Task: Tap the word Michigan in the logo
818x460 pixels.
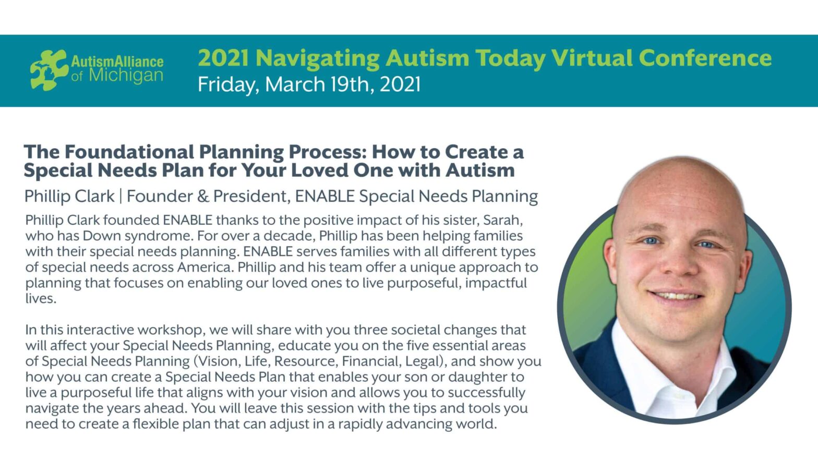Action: coord(126,76)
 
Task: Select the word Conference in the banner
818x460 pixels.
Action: coord(705,58)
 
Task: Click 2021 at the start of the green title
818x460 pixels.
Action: coord(223,58)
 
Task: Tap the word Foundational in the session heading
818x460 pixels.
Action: coord(129,152)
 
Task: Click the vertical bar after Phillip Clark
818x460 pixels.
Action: coord(121,197)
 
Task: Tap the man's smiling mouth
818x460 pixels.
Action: coord(677,296)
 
